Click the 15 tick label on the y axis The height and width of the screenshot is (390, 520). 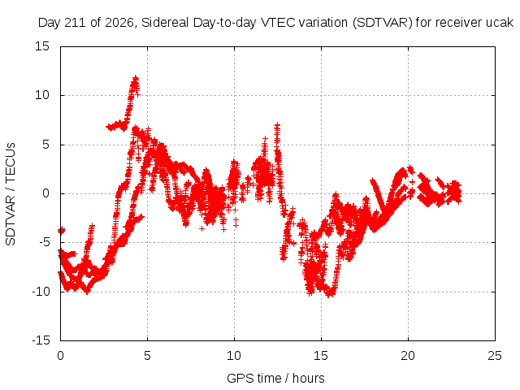pyautogui.click(x=42, y=46)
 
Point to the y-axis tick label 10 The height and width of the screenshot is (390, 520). pyautogui.click(x=42, y=95)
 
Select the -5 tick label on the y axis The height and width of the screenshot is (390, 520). pyautogui.click(x=44, y=242)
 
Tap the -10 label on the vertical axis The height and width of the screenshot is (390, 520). pyautogui.click(x=41, y=292)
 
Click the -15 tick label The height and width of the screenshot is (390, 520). pyautogui.click(x=41, y=340)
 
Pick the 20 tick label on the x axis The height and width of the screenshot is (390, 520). pyautogui.click(x=408, y=356)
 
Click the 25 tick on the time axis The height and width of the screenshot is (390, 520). pyautogui.click(x=495, y=356)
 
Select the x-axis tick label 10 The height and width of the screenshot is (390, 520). pyautogui.click(x=234, y=356)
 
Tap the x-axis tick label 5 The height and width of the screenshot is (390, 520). pyautogui.click(x=147, y=356)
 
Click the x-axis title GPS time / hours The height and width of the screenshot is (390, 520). pyautogui.click(x=275, y=378)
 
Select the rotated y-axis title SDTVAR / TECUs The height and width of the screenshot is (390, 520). pyautogui.click(x=11, y=194)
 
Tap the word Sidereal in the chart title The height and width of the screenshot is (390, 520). pyautogui.click(x=165, y=23)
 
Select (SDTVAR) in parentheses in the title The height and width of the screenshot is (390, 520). pyautogui.click(x=382, y=23)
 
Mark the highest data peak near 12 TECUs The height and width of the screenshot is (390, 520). pyautogui.click(x=136, y=78)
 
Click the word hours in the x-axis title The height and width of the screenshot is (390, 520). pyautogui.click(x=309, y=378)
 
